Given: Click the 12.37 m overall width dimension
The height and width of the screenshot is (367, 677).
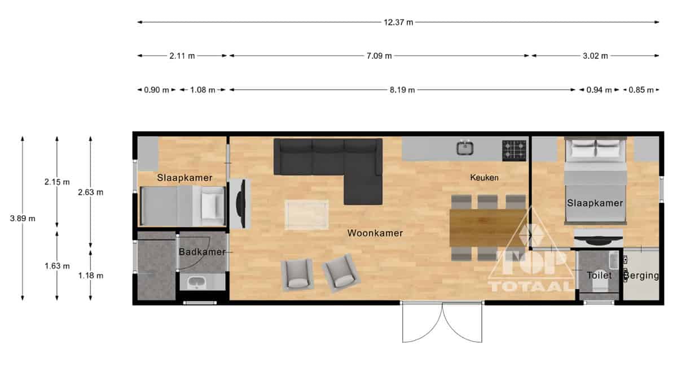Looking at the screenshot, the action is pyautogui.click(x=398, y=23).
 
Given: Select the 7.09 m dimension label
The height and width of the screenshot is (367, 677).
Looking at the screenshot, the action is pyautogui.click(x=379, y=56).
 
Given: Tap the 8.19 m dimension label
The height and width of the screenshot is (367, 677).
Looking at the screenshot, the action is pyautogui.click(x=402, y=90).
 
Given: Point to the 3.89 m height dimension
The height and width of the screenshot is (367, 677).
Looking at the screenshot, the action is pyautogui.click(x=23, y=218).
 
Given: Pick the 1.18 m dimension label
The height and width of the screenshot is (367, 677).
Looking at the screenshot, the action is pyautogui.click(x=91, y=276).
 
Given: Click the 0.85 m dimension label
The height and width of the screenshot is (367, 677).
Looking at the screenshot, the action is pyautogui.click(x=641, y=90).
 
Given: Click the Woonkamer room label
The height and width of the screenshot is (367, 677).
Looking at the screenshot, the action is pyautogui.click(x=375, y=233).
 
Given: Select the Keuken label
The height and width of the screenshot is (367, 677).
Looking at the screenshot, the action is pyautogui.click(x=484, y=177).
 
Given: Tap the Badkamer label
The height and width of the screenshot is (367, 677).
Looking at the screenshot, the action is pyautogui.click(x=202, y=252).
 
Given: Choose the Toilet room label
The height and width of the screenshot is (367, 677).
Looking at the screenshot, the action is pyautogui.click(x=599, y=276).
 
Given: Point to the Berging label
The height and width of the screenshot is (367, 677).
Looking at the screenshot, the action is pyautogui.click(x=641, y=276).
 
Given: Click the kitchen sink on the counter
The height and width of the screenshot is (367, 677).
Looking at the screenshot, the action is pyautogui.click(x=465, y=148).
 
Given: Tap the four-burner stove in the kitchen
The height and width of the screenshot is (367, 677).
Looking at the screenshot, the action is pyautogui.click(x=514, y=151).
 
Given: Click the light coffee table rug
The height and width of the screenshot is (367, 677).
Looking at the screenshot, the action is pyautogui.click(x=307, y=215).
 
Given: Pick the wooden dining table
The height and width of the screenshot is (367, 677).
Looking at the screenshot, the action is pyautogui.click(x=488, y=228).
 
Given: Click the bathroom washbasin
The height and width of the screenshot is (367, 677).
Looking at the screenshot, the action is pyautogui.click(x=196, y=282).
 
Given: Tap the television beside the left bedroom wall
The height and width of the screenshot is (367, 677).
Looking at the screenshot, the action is pyautogui.click(x=240, y=204).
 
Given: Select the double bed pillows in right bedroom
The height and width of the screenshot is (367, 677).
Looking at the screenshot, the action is pyautogui.click(x=595, y=148).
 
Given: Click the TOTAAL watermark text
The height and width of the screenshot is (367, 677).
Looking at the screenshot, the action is pyautogui.click(x=531, y=286).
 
